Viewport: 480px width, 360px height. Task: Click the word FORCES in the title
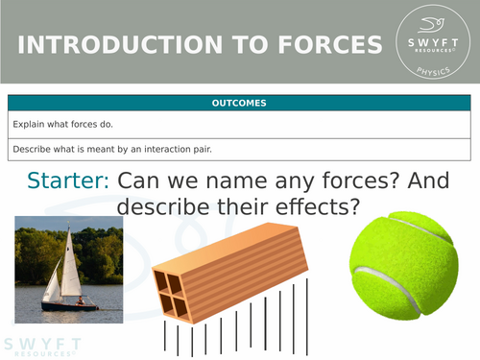323,45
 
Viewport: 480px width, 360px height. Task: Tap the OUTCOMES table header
240,103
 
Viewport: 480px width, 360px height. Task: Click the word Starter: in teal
69,180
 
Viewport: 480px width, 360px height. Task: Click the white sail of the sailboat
69,268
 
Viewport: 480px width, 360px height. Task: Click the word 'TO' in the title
237,45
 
